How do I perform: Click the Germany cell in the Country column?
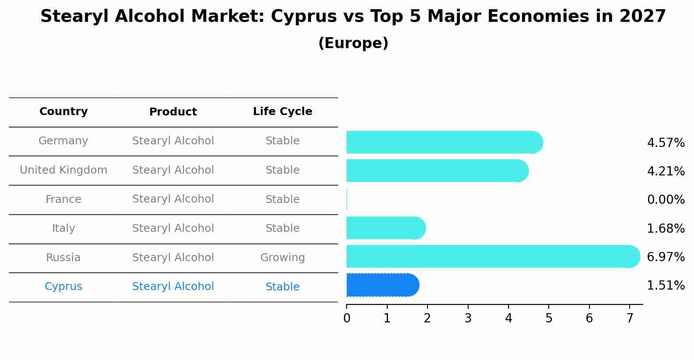pos(63,141)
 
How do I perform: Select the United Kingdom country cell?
pos(63,170)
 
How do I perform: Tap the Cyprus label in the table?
pos(63,287)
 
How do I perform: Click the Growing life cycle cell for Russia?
pos(283,258)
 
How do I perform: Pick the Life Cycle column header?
pos(283,112)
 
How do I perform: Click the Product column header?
pos(173,112)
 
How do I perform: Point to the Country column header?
pos(63,112)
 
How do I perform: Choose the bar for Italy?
pos(385,228)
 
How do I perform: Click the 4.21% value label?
pos(666,171)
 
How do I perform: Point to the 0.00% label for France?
pos(666,200)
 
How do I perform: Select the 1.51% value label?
pos(666,286)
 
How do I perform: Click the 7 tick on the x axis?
pos(630,318)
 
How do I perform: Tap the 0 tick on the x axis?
pos(347,318)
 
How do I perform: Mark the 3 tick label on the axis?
pos(468,318)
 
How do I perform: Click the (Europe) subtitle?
pos(353,43)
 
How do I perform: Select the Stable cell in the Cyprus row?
pos(283,287)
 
